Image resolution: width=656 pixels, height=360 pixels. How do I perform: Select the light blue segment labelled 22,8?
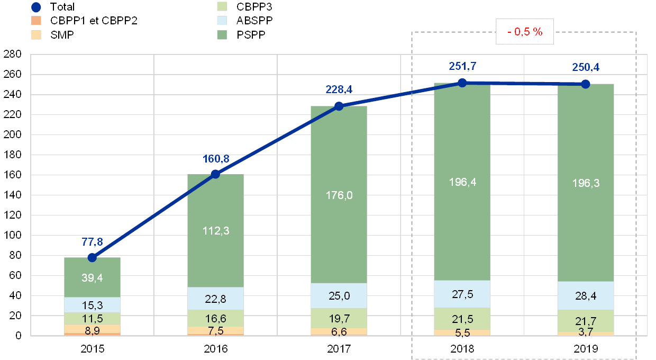[215, 299]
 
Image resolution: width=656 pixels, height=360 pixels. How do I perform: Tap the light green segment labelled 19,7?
[339, 318]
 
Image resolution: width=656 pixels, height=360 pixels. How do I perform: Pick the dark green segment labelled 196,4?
[462, 182]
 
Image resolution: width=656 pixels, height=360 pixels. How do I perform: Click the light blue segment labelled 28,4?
[586, 295]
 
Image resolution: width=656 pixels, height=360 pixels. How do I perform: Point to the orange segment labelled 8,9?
[92, 329]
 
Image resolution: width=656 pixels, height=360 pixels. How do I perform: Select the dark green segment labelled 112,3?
[215, 231]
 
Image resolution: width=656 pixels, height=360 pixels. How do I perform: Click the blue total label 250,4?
[586, 67]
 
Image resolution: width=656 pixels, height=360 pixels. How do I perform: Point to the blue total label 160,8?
[215, 158]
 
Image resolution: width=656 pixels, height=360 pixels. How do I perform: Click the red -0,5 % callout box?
[525, 32]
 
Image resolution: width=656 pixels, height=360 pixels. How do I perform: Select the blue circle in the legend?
[37, 7]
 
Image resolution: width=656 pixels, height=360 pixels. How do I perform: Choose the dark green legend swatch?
[223, 34]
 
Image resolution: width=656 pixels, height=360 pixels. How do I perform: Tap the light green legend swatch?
[223, 7]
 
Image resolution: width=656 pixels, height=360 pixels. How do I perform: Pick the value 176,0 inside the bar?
[339, 195]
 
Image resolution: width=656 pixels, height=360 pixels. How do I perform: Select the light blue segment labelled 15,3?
[92, 305]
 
